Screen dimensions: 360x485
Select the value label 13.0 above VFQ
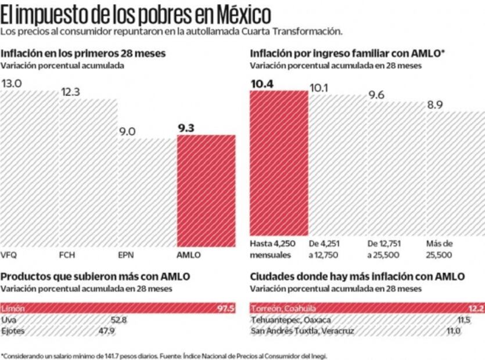click(x=12, y=84)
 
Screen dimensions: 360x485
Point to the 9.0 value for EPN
click(x=127, y=132)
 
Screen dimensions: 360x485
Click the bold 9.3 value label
click(x=186, y=128)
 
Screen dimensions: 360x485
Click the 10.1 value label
click(x=319, y=88)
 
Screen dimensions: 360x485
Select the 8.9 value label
click(x=436, y=105)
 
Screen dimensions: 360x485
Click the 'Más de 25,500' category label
click(x=440, y=249)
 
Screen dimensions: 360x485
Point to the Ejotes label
click(x=13, y=331)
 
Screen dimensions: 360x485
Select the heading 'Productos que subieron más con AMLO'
click(x=96, y=276)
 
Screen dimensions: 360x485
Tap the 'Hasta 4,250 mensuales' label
click(x=271, y=249)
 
